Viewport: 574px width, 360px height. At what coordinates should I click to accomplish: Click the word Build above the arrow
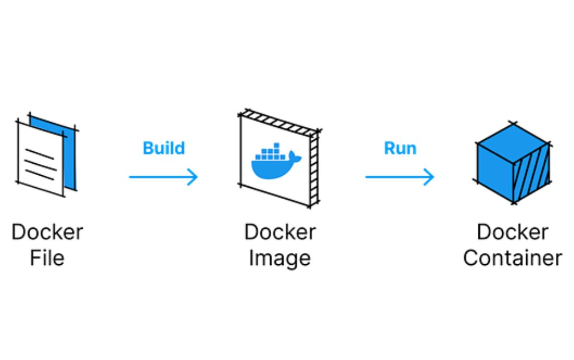coord(164,148)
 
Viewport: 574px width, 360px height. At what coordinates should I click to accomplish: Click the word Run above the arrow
coord(400,148)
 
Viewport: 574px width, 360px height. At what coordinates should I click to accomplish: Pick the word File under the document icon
coord(47,258)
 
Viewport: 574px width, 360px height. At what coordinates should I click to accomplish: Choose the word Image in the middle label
coord(280,258)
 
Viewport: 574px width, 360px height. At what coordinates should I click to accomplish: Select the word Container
coord(512,258)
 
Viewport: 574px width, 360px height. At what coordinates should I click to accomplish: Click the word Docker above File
coord(47,232)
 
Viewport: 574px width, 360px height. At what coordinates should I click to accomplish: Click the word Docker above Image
coord(280,232)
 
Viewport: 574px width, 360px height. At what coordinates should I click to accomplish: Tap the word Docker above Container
coord(512,232)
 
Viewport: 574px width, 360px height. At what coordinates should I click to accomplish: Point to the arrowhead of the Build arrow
coord(193,177)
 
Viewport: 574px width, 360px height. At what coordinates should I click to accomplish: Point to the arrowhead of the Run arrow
coord(430,177)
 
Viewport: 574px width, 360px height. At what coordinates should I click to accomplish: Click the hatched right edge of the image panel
coord(314,168)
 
